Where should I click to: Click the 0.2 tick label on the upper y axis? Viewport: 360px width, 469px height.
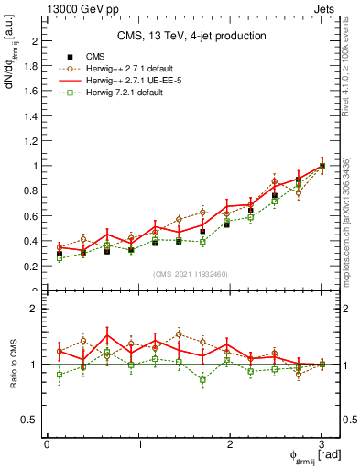pyautogui.click(x=33, y=266)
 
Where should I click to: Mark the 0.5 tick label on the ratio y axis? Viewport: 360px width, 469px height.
pyautogui.click(x=33, y=420)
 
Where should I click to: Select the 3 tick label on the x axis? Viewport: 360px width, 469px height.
pyautogui.click(x=322, y=444)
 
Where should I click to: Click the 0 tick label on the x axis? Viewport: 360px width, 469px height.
pyautogui.click(x=47, y=444)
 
